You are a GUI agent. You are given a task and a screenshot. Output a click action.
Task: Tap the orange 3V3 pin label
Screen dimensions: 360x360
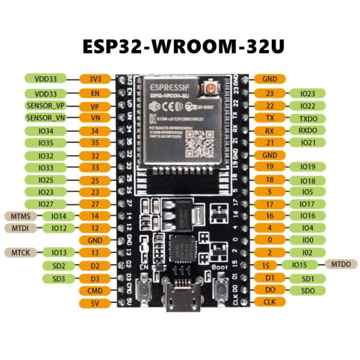tap(95, 79)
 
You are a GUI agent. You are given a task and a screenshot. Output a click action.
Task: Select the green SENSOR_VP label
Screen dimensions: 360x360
tap(45, 105)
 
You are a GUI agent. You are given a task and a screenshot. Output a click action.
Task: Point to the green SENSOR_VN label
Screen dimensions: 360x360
tap(45, 118)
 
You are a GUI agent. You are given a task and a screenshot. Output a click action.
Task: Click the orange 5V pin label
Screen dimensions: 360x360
tap(95, 304)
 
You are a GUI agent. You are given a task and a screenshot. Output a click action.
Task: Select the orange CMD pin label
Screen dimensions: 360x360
tap(95, 291)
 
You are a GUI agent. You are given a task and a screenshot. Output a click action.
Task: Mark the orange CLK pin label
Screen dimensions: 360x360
tap(270, 302)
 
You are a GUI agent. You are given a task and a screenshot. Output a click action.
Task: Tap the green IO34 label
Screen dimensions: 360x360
tap(45, 131)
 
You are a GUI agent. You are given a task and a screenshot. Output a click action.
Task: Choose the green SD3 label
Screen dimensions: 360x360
tap(58, 278)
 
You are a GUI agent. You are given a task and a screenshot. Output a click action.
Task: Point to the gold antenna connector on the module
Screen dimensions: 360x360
tap(211, 89)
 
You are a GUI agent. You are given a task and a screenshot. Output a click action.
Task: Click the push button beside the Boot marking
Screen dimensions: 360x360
tap(220, 292)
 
